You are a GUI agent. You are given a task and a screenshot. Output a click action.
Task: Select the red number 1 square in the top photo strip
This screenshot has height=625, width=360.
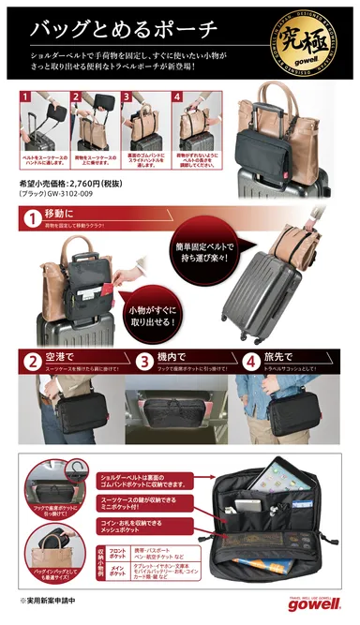pos(25,96)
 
